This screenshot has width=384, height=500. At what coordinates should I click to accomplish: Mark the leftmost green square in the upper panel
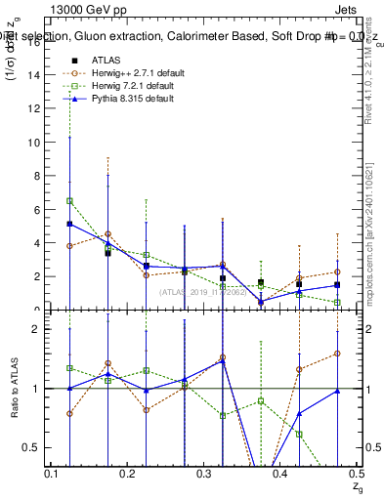pos(69,201)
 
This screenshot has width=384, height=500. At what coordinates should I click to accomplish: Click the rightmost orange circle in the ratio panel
pos(337,354)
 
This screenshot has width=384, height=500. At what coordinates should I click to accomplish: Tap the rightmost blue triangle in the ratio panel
pos(337,391)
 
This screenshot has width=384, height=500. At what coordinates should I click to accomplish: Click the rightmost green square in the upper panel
pos(337,303)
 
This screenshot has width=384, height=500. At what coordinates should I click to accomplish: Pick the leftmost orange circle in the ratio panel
pos(69,413)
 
